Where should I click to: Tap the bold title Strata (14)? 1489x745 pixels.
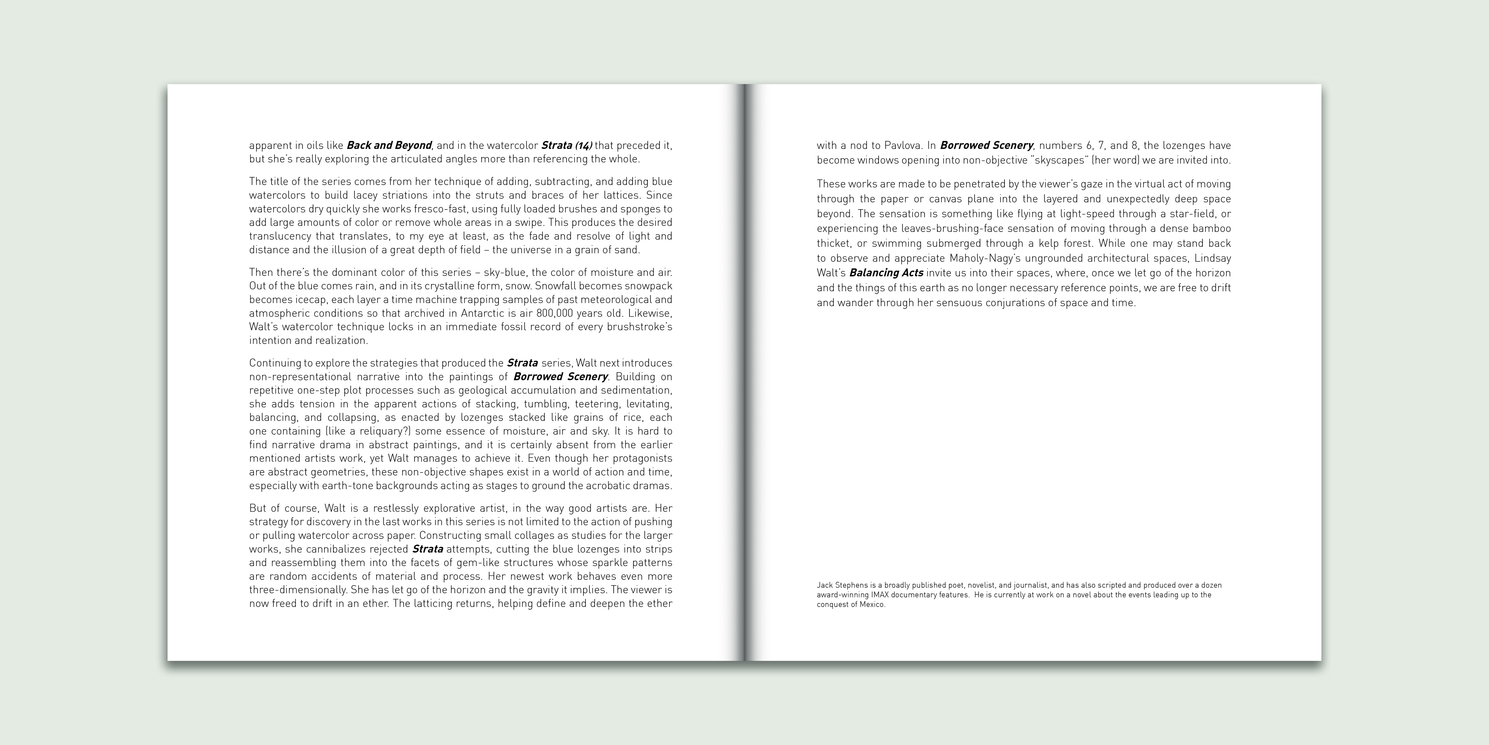pos(566,145)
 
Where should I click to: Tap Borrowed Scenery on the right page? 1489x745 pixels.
pos(986,145)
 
